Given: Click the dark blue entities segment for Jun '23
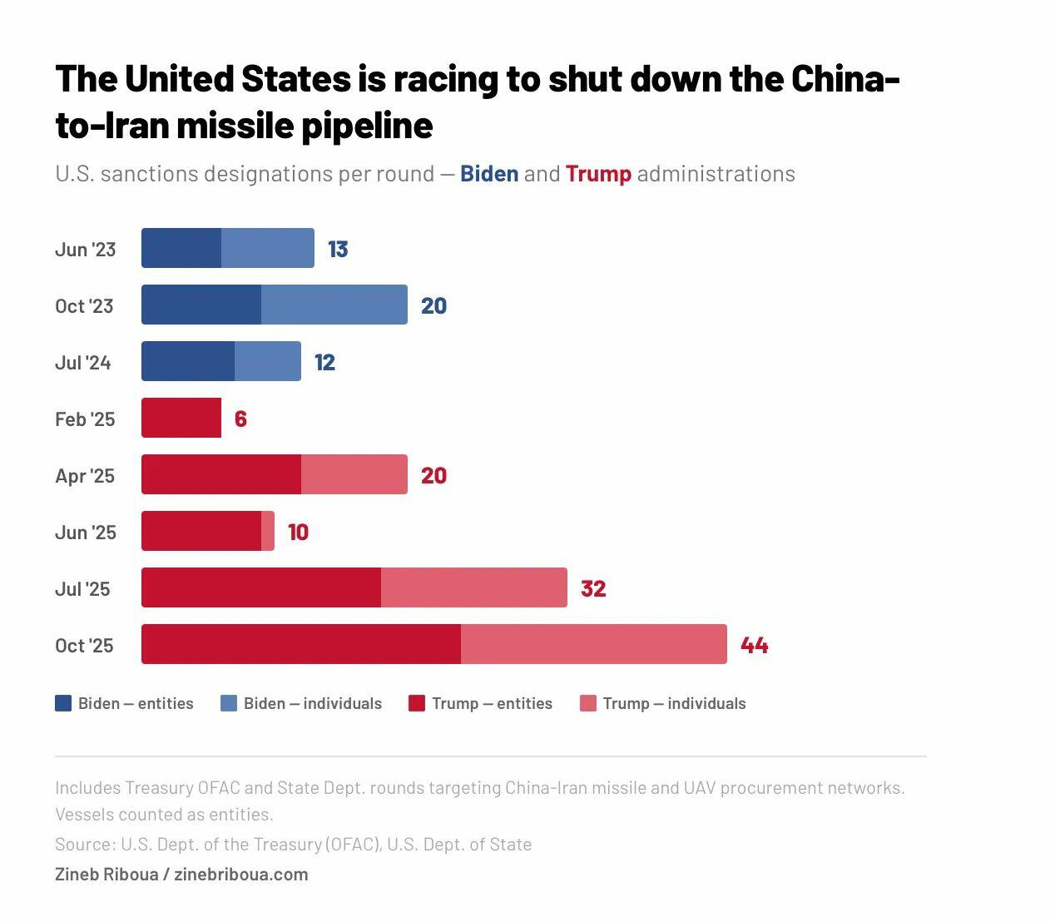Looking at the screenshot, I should tap(181, 248).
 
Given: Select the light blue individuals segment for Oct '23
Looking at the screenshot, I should tap(334, 305).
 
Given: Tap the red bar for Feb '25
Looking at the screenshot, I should tap(181, 418).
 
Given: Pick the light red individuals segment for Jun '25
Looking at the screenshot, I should tap(268, 531).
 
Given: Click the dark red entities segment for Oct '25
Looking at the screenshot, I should tap(301, 644).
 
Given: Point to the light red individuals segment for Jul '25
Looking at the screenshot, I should tap(474, 587).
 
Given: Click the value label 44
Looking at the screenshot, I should tap(754, 645).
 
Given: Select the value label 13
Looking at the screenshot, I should tap(338, 249).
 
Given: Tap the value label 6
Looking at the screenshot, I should tap(240, 419).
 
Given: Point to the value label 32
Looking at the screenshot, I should tap(593, 588).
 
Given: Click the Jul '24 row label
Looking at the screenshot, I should tap(83, 362).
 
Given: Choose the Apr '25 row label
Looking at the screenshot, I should tap(85, 475).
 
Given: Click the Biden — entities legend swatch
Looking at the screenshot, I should tap(63, 703).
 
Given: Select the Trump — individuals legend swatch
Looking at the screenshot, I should tap(588, 703).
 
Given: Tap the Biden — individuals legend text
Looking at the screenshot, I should tap(313, 703).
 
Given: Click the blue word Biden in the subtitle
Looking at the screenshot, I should tap(489, 173).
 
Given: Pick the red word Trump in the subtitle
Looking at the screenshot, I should tap(598, 173).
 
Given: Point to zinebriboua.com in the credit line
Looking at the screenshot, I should tap(241, 874).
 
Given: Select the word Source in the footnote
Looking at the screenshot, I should tap(84, 844).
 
